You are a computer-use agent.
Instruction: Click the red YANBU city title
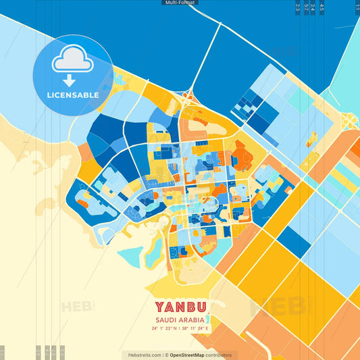180,307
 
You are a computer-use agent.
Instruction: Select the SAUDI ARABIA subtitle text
180,319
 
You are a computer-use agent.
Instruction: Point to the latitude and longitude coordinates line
180,329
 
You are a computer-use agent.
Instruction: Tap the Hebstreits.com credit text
142,355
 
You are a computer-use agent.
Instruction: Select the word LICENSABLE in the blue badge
72,95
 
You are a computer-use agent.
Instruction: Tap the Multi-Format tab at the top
180,3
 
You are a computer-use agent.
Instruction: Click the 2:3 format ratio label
298,7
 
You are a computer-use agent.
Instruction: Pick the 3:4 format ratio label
313,7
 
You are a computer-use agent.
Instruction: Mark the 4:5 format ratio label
322,7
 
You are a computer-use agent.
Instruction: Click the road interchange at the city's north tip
188,97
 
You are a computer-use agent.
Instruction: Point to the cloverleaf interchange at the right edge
349,122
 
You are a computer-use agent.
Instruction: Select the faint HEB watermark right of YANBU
274,306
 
